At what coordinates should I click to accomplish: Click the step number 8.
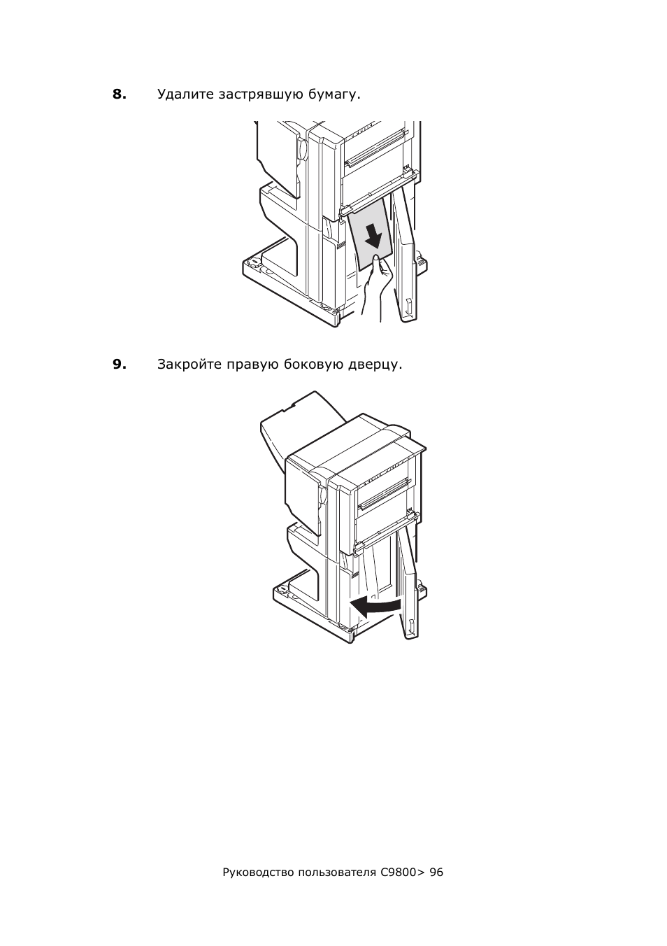tap(120, 94)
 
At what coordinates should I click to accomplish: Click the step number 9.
tap(120, 364)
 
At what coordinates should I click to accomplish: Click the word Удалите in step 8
tap(185, 94)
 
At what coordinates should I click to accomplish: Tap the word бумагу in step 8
tap(334, 94)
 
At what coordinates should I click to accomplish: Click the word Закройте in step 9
tap(189, 365)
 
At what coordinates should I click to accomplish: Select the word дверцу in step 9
tap(375, 365)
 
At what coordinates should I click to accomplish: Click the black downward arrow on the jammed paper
tap(374, 237)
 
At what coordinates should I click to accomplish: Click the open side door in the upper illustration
tap(405, 253)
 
